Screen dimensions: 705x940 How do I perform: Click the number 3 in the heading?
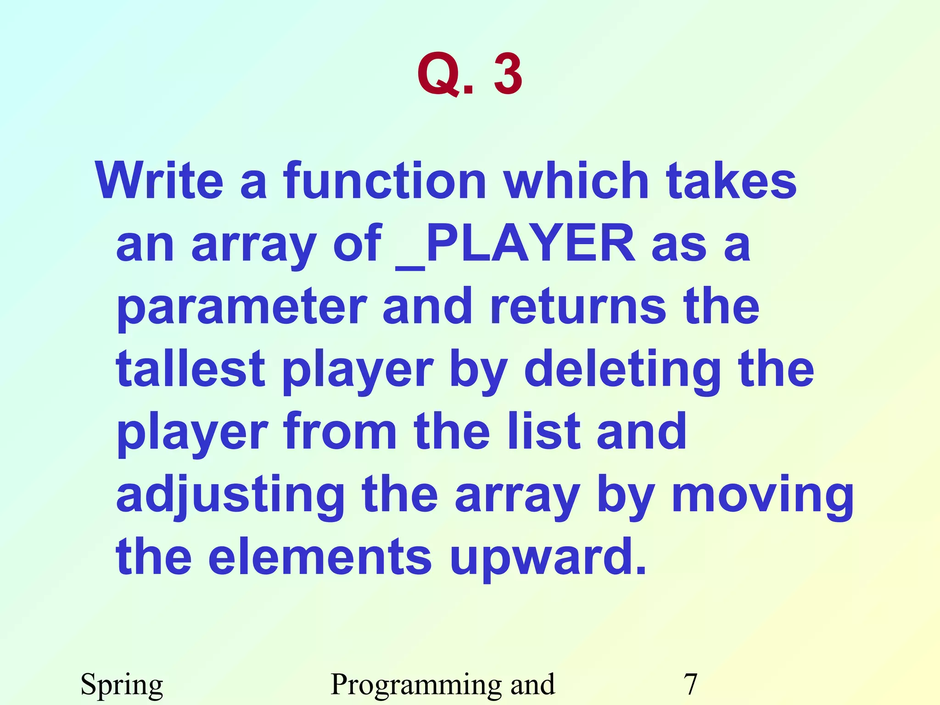[508, 74]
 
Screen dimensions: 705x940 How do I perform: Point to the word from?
[340, 431]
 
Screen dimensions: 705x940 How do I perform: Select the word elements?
[320, 557]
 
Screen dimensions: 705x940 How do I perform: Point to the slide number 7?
[690, 684]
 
